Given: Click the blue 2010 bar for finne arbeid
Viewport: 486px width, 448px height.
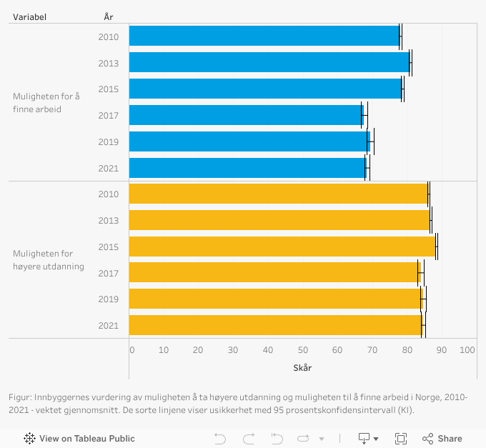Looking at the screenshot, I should (x=264, y=36).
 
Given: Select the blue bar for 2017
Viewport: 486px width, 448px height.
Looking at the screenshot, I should (x=247, y=115).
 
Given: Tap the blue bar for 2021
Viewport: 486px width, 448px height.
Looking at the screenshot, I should (x=247, y=168).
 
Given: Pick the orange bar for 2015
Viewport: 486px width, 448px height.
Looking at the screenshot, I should (x=282, y=247).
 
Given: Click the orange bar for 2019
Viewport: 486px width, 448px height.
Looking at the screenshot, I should (x=275, y=299).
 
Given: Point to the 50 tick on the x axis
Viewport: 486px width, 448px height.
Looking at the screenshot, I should (x=304, y=350).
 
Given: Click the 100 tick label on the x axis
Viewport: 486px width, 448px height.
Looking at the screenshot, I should (x=467, y=350).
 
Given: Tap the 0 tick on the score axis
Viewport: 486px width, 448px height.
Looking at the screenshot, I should (x=132, y=350).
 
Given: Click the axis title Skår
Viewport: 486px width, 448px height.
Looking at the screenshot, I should (x=302, y=367).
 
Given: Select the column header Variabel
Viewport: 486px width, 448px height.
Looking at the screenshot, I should (x=29, y=16).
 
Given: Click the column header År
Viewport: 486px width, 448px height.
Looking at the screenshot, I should (x=108, y=16).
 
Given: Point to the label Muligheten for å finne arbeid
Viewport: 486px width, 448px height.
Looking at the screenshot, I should (x=46, y=102).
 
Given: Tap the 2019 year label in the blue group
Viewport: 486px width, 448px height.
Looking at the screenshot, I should (x=109, y=141).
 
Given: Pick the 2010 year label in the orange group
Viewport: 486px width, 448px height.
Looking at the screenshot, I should (x=109, y=194).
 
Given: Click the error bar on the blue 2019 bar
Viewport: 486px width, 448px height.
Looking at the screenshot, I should (x=370, y=141).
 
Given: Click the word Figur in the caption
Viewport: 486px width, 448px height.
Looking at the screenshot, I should (x=20, y=397).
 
